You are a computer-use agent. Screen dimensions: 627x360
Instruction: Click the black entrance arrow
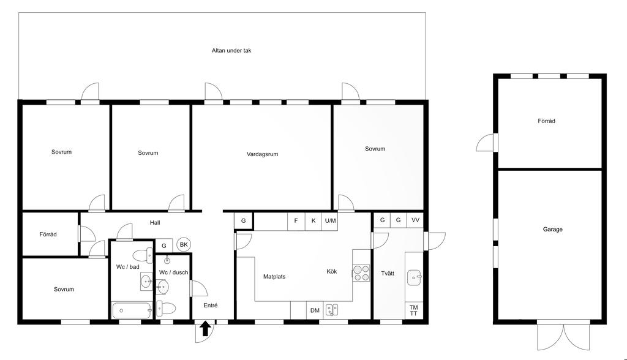(205, 328)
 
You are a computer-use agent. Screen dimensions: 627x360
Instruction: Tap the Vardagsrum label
(262, 154)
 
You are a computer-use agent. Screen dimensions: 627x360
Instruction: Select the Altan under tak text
(231, 50)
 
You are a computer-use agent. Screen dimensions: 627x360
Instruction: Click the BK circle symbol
(184, 245)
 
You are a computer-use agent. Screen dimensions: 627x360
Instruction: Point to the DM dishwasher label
(315, 310)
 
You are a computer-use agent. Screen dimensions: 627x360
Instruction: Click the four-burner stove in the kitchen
(361, 273)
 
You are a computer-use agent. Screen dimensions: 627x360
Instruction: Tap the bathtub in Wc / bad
(132, 310)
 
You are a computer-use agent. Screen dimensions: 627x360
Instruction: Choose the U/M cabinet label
(330, 220)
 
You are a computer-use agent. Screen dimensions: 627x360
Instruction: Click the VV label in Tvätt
(416, 220)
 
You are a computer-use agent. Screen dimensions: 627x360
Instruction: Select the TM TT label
(413, 310)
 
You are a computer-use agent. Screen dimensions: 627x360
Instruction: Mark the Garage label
(553, 229)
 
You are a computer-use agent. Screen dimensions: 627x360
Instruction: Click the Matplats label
(274, 276)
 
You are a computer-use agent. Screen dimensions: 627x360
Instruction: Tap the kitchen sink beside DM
(332, 310)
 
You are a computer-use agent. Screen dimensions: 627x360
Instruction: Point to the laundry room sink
(415, 277)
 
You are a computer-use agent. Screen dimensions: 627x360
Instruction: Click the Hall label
(155, 223)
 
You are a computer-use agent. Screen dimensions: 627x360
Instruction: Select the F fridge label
(296, 220)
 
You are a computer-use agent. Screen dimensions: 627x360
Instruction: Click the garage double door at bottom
(563, 335)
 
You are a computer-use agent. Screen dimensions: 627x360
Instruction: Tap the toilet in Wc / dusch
(166, 309)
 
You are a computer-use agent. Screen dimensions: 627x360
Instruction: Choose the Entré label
(211, 305)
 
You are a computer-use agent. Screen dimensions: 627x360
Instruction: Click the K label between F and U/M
(313, 220)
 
